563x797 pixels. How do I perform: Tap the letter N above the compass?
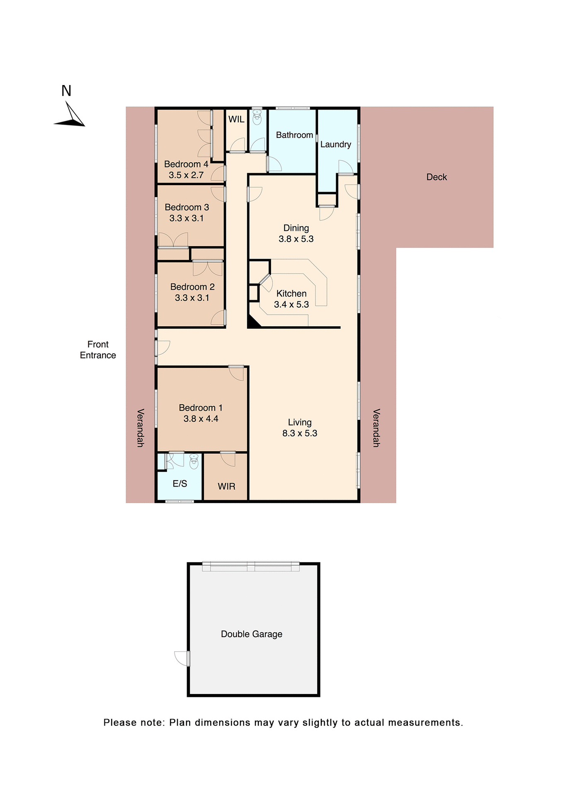point(66,91)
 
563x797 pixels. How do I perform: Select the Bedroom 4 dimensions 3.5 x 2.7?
point(186,175)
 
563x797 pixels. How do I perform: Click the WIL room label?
point(236,120)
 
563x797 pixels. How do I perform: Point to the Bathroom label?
point(294,135)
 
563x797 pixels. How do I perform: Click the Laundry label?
point(335,144)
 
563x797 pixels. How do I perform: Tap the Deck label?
point(437,177)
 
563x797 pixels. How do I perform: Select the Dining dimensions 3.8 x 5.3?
point(296,239)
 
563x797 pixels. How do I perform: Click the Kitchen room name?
point(291,293)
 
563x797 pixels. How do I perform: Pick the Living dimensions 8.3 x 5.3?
point(300,433)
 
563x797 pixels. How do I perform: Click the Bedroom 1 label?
point(201,408)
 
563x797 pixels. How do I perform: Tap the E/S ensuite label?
point(180,484)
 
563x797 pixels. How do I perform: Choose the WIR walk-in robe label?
point(226,487)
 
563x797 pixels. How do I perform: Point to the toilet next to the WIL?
point(257,117)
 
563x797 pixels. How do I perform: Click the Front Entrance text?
point(98,350)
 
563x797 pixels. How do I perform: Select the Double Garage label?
point(251,634)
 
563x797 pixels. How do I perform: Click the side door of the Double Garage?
point(183,658)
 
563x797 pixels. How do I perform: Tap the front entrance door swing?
point(163,348)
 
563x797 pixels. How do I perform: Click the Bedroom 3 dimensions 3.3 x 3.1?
point(187,218)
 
